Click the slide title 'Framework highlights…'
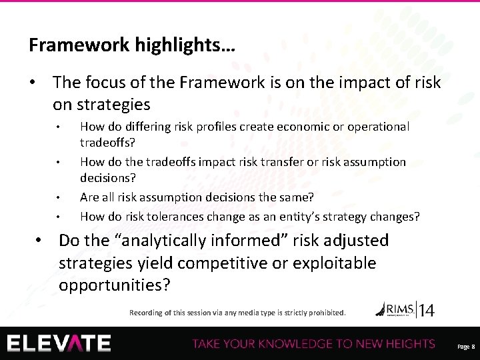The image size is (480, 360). click(131, 45)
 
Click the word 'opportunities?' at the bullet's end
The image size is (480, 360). click(114, 285)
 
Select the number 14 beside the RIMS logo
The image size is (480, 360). click(426, 310)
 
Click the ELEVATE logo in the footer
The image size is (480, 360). click(59, 343)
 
